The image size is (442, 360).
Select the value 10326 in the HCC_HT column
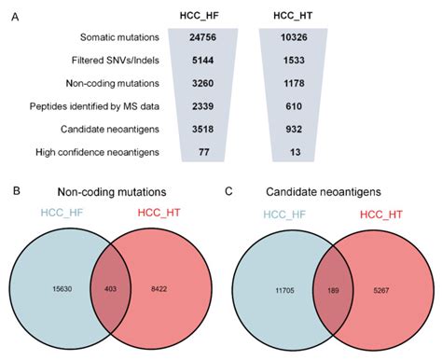click(x=290, y=35)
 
